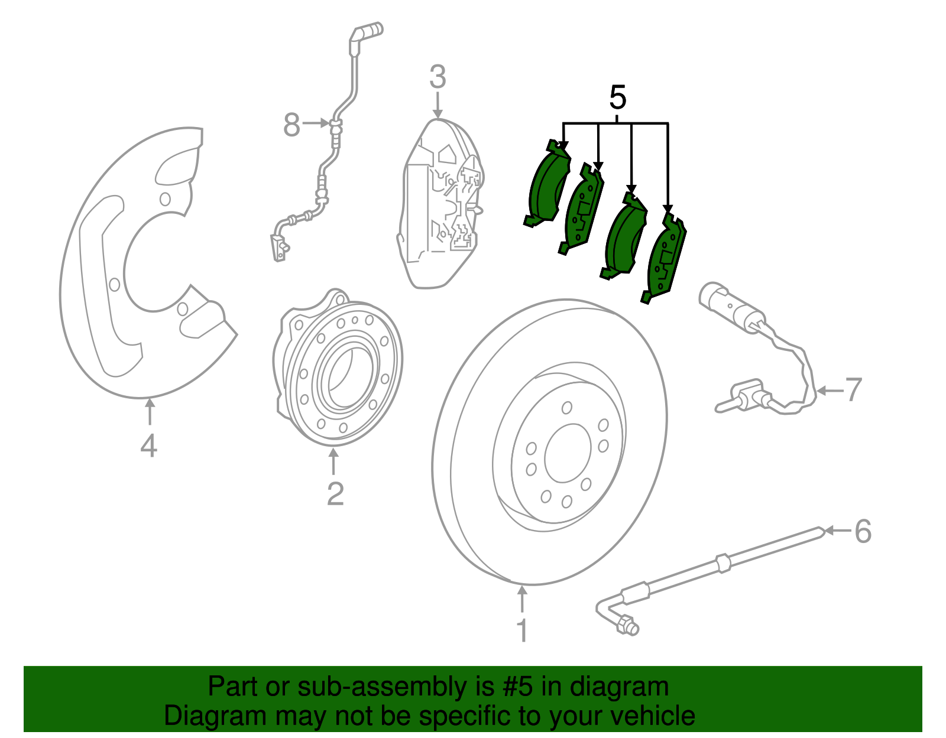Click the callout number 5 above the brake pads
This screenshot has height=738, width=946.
[x=617, y=97]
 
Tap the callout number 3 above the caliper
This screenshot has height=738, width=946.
[x=438, y=77]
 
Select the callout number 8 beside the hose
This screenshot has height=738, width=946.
[x=291, y=125]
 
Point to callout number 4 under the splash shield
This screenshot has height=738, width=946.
[x=149, y=446]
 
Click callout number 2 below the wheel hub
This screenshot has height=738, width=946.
[x=335, y=494]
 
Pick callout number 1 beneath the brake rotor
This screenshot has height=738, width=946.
[x=522, y=630]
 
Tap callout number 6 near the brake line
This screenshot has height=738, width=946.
[x=863, y=531]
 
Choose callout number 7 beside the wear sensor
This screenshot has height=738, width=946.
[x=853, y=390]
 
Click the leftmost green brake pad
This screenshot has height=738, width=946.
[x=547, y=186]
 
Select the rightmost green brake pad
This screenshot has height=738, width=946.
[x=666, y=257]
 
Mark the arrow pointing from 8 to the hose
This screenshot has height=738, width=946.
[x=316, y=123]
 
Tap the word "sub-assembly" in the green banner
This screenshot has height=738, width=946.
[x=381, y=687]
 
